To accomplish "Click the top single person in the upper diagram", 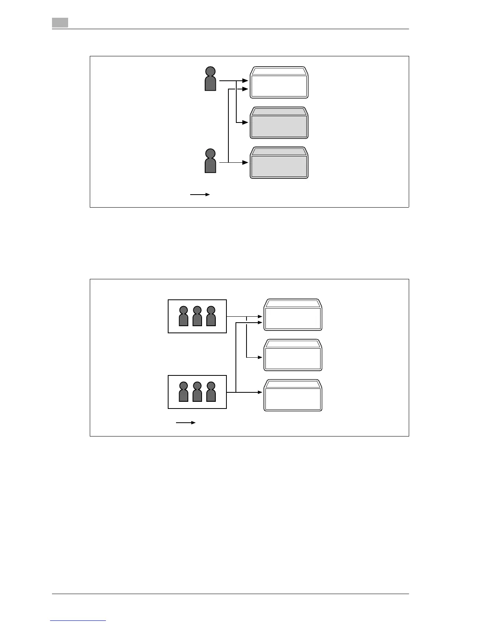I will click(211, 79).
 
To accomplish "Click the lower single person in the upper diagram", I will click(211, 161).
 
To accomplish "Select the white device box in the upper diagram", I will click(279, 83).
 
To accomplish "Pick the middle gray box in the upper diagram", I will click(279, 123).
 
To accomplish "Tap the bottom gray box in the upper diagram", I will click(279, 163).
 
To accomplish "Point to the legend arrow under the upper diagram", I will click(200, 195).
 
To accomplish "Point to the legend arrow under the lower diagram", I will click(186, 423).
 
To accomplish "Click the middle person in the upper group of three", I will click(197, 316).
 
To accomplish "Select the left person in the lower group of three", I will click(184, 392).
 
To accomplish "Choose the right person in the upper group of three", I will click(211, 316).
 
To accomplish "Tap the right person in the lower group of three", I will click(211, 392).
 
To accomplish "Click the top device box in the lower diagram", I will click(293, 315).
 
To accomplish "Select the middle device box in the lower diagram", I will click(293, 355).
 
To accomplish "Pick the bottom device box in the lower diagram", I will click(293, 396).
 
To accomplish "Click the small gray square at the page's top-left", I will click(60, 23).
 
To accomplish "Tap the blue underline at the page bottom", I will click(78, 621).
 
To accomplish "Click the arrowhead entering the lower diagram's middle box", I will click(260, 357).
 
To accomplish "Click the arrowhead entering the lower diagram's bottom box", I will click(260, 392).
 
